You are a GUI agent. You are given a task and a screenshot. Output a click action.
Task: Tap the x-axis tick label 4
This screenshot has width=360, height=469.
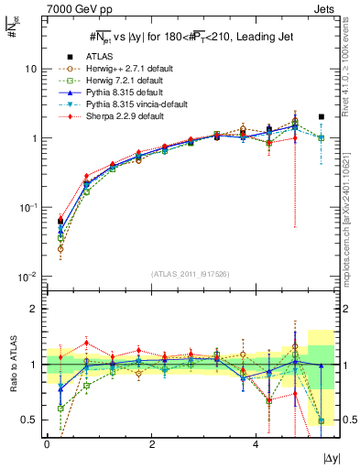coord(256,444)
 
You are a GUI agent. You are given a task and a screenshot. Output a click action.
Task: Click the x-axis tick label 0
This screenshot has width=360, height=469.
coord(47,444)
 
